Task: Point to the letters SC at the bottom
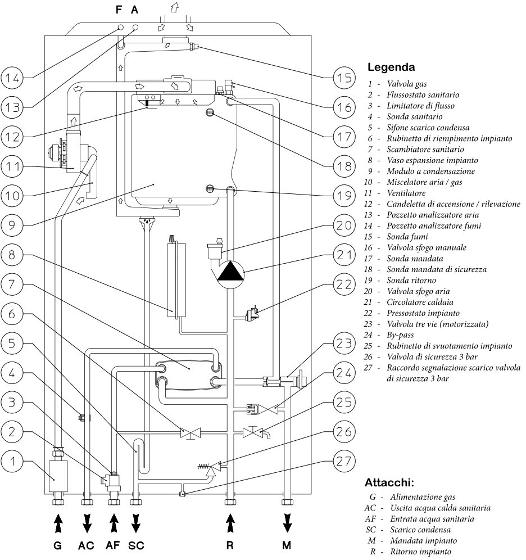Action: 136,545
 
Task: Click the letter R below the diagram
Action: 229,545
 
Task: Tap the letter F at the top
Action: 119,10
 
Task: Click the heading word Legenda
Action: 391,67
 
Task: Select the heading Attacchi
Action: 389,482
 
